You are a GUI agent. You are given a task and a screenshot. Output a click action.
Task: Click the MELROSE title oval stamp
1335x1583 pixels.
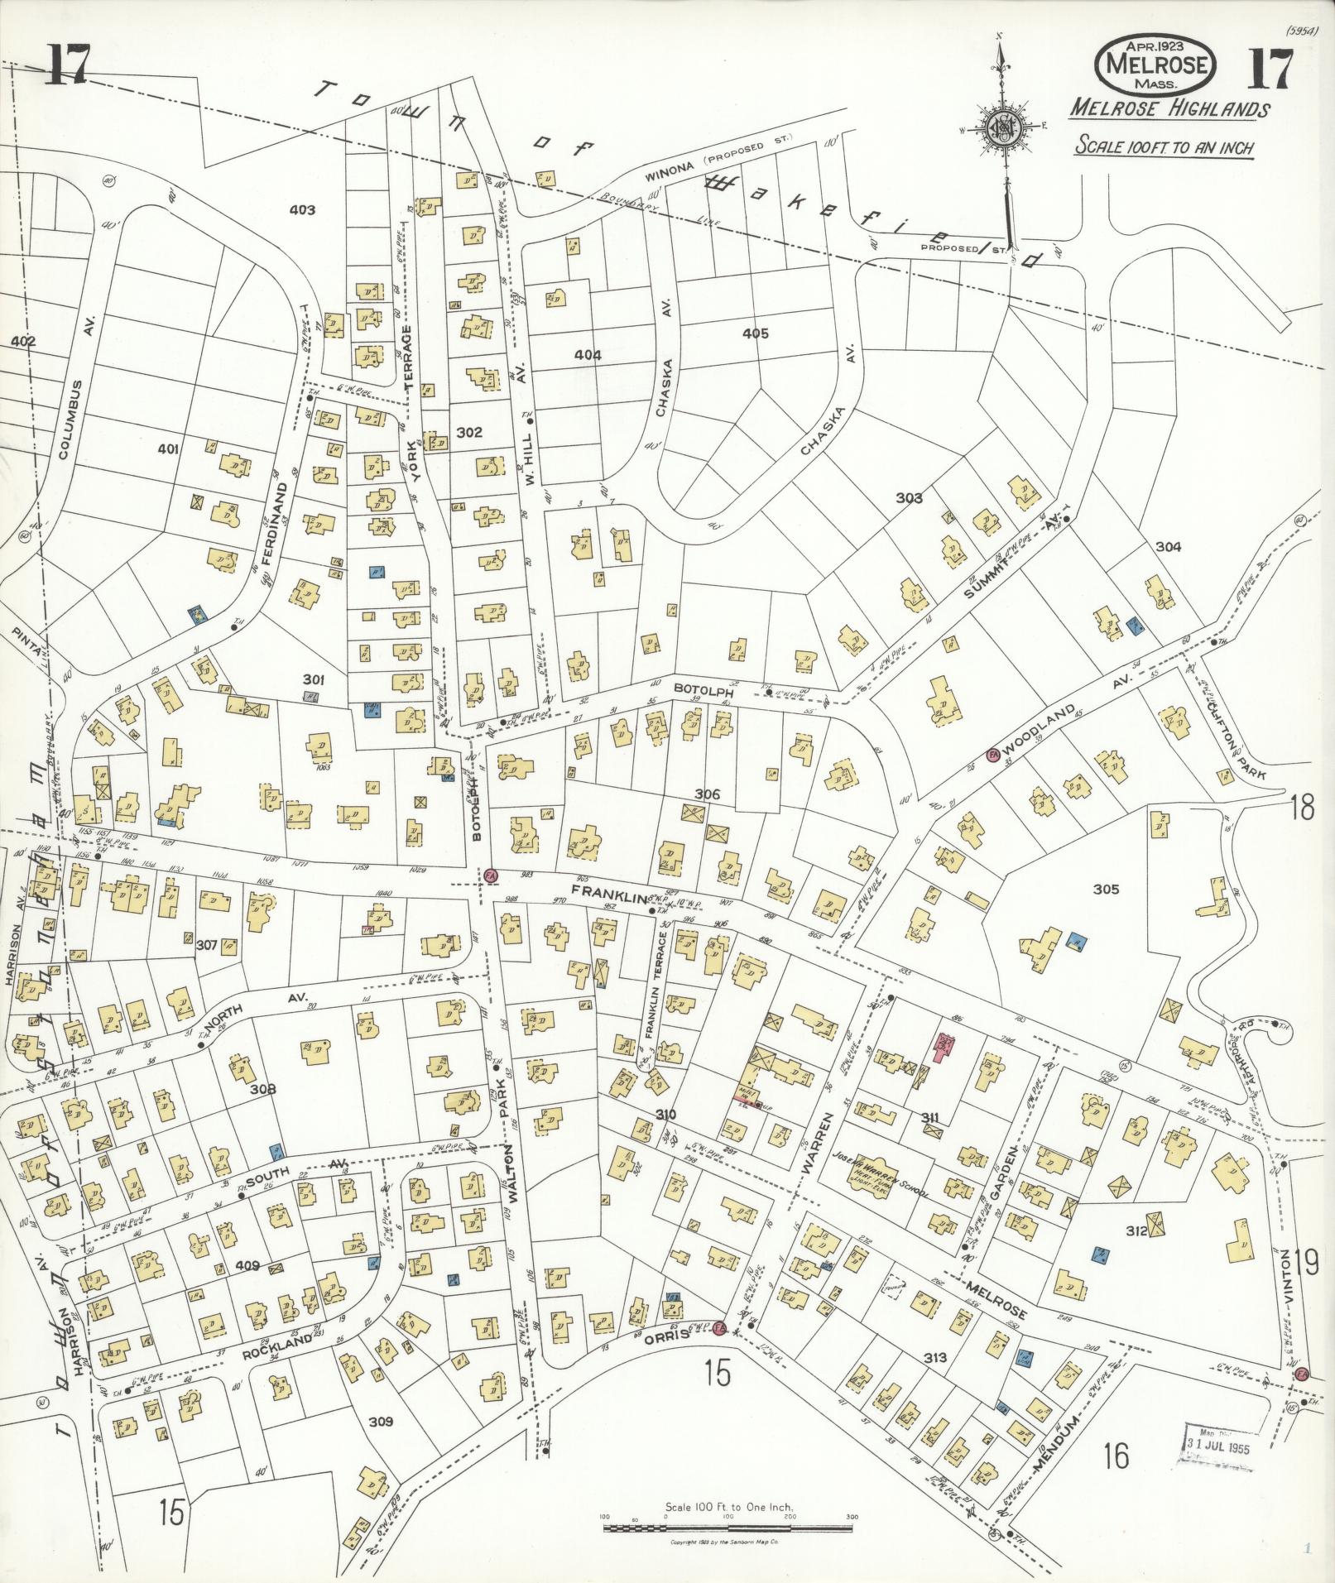tap(1156, 63)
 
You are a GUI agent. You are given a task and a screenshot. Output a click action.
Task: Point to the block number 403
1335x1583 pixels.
tap(302, 210)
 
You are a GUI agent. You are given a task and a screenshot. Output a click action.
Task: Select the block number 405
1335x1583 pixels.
tap(755, 333)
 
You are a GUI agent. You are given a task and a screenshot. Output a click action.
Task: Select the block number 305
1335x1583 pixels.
tap(1106, 889)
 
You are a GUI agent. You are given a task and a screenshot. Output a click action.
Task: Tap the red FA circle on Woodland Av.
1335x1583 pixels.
tap(992, 755)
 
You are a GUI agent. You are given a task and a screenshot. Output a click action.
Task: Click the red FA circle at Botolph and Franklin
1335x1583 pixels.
tap(490, 874)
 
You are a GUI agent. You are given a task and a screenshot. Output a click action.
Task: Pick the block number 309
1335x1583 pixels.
tap(380, 1422)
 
